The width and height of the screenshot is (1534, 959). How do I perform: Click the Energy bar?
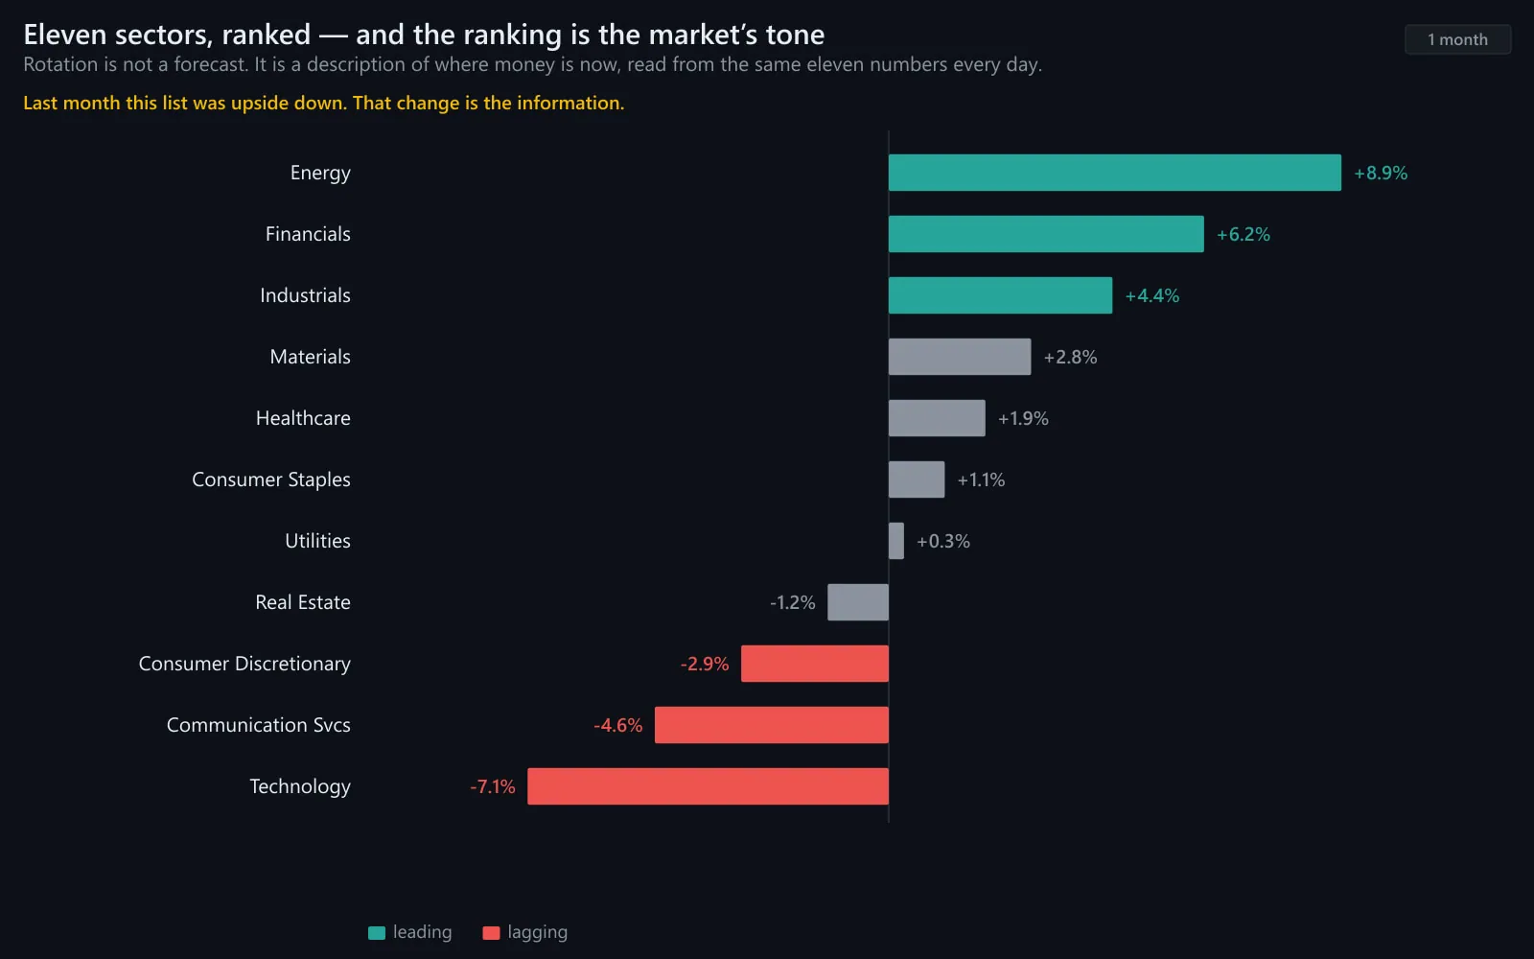(x=1114, y=173)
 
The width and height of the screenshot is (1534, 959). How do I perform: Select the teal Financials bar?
(x=1046, y=234)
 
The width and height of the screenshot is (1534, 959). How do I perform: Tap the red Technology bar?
(x=709, y=786)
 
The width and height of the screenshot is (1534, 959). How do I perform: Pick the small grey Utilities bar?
(x=896, y=541)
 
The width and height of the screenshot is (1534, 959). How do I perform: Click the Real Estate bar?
(x=858, y=602)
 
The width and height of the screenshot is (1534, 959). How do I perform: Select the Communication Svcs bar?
(x=772, y=725)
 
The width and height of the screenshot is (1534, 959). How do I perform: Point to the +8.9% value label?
(x=1381, y=174)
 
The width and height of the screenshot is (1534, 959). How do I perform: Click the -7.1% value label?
(x=493, y=786)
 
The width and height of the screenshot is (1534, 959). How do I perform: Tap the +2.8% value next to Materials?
(x=1070, y=357)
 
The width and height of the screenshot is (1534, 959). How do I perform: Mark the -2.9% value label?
(x=705, y=664)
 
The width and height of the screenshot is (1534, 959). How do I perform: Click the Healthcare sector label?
(x=303, y=418)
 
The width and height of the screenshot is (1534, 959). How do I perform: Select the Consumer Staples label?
(x=271, y=479)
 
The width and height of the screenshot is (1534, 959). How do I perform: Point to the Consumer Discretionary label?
(x=244, y=664)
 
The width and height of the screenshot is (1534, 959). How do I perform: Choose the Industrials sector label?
(x=305, y=295)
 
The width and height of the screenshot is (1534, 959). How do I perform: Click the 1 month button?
(x=1458, y=39)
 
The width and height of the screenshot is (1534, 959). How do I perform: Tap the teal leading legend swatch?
(x=377, y=933)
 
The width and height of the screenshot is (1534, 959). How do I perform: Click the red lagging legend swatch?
(x=491, y=933)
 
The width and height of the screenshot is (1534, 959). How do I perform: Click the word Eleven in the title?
(x=64, y=35)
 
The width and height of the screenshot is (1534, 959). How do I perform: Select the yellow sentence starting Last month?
(x=324, y=103)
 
